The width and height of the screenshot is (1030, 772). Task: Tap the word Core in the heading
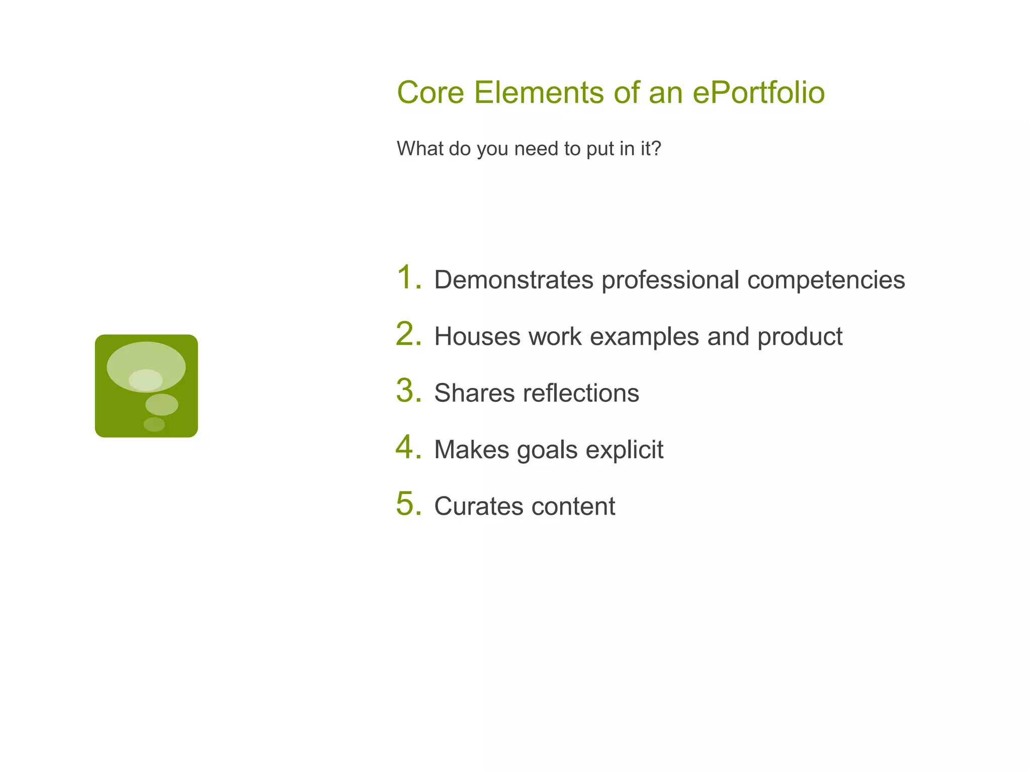[x=430, y=93]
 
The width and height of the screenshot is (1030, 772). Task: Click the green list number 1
[x=407, y=277]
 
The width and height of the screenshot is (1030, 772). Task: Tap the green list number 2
[x=407, y=334]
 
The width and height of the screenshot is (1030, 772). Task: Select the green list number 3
[x=407, y=391]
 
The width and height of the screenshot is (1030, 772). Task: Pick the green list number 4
[x=407, y=447]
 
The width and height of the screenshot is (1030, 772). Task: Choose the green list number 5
[x=407, y=504]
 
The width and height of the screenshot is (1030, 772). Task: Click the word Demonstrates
[x=513, y=280]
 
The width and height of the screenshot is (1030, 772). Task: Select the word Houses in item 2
[x=477, y=337]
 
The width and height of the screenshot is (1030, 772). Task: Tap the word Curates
[x=478, y=506]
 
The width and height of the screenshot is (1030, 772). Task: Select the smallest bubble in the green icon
[x=154, y=424]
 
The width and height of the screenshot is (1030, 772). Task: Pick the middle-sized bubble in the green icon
[x=161, y=405]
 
